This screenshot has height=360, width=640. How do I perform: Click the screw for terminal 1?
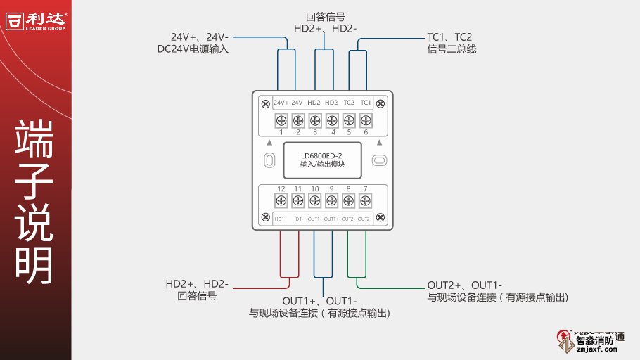coord(281,120)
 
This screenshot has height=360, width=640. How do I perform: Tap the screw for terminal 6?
coord(365,120)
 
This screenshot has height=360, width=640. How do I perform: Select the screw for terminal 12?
coord(281,201)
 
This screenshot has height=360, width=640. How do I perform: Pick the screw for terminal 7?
coord(365,201)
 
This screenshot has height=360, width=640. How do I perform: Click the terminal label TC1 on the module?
coord(366,103)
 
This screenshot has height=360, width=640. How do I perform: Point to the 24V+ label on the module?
coord(281,103)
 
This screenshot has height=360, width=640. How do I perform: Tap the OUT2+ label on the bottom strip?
coord(365,219)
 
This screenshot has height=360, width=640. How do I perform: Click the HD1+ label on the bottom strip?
coord(281,219)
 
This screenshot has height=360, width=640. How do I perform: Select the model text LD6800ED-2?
coord(321,155)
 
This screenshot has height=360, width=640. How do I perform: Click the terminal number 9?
coord(331,189)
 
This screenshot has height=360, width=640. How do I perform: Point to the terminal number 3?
coord(314,132)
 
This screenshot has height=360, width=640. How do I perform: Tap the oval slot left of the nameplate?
coord(269,160)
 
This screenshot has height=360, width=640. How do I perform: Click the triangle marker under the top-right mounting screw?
coord(378,141)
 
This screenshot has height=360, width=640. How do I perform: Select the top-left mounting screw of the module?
coord(265,105)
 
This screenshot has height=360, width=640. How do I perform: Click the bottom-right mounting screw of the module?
coord(380,217)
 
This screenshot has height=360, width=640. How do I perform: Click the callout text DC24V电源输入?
coord(193,49)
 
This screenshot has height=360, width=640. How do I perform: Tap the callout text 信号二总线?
coord(452,49)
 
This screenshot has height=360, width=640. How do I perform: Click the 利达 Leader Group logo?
coord(37,19)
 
